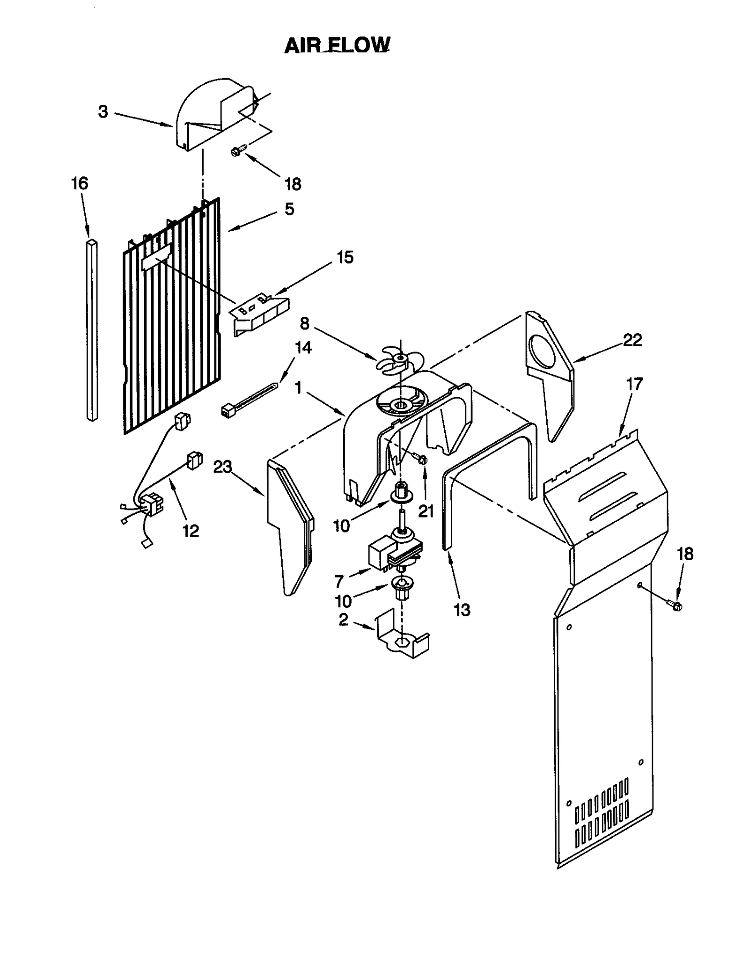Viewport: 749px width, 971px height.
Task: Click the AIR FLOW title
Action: coord(337,45)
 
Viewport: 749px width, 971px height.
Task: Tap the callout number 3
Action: coord(103,112)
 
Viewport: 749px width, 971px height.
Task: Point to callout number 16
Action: coord(80,183)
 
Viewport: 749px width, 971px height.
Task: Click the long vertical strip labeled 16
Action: coord(93,330)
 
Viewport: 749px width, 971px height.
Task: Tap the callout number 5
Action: coord(289,209)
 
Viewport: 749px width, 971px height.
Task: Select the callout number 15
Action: coord(345,257)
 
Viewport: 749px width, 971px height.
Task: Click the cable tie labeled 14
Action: coord(248,399)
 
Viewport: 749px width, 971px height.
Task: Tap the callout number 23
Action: coord(222,467)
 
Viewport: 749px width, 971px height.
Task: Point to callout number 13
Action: coord(462,610)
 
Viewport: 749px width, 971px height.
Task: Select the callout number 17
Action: coord(634,384)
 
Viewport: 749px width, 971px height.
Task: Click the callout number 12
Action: coord(191,531)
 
